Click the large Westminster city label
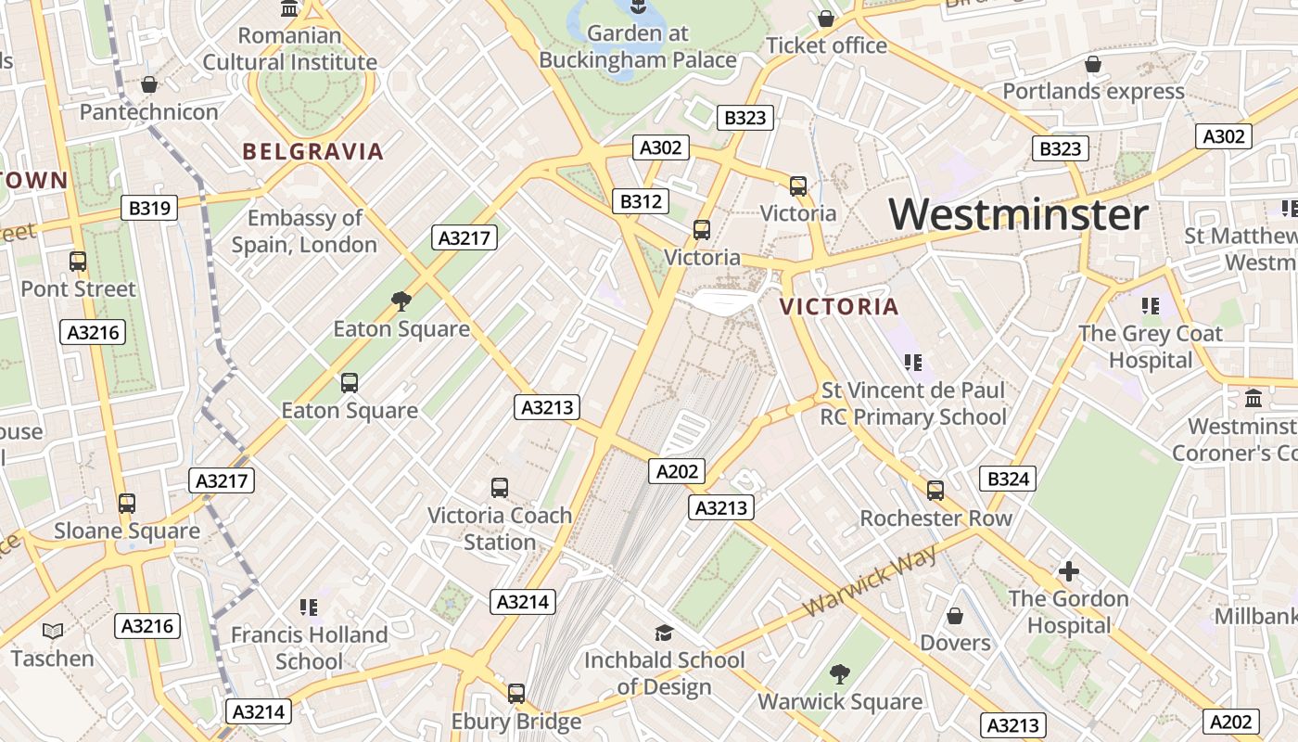[x=1018, y=214]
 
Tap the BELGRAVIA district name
[x=313, y=152]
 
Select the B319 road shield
[x=149, y=208]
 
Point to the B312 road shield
[x=641, y=201]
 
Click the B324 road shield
[x=1008, y=479]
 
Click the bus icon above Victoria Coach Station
[x=500, y=487]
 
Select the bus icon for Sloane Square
[x=127, y=504]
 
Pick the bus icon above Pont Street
[x=78, y=262]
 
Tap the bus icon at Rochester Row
[x=935, y=491]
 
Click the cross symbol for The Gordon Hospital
[x=1069, y=571]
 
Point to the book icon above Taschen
[x=53, y=632]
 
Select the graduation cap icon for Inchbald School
[x=664, y=633]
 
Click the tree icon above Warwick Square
[x=840, y=674]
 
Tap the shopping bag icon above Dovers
[x=955, y=616]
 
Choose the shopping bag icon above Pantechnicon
[x=149, y=85]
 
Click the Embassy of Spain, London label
[x=304, y=231]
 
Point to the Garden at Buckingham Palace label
[x=638, y=46]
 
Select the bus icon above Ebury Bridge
[x=516, y=693]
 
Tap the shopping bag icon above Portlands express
[x=1093, y=64]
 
